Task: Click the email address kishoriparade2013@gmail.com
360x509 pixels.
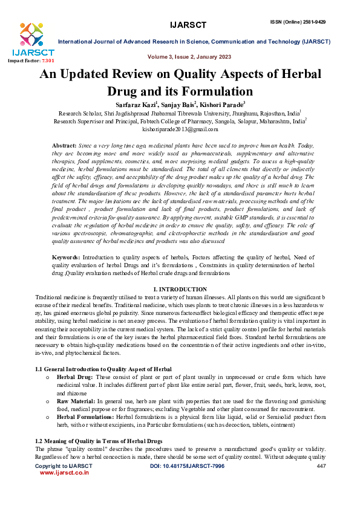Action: click(180, 129)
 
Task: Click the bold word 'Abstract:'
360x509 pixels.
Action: click(64, 146)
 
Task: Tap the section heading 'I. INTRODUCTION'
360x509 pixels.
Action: click(180, 290)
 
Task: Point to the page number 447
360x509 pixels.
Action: click(321, 467)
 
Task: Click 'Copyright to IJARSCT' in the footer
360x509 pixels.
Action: click(59, 467)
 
